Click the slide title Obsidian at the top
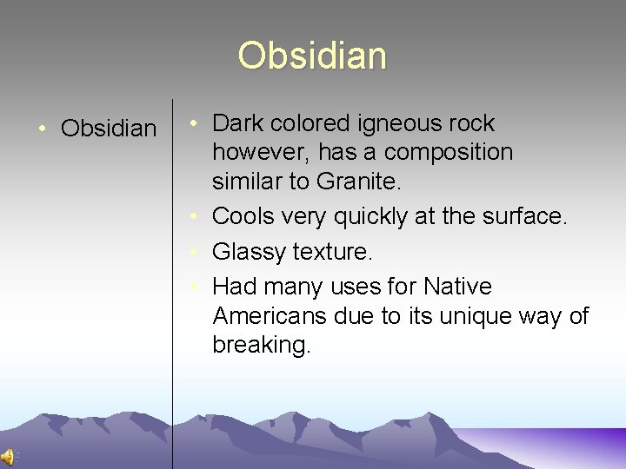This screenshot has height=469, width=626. point(312,56)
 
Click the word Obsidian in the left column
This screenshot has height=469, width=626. point(109,129)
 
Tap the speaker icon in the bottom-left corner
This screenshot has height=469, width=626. point(7,458)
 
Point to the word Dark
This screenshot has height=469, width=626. point(238,123)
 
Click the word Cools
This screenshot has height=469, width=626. point(243,215)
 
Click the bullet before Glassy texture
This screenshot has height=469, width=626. point(199,252)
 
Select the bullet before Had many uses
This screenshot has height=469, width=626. point(199,286)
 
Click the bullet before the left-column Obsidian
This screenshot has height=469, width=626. point(42,129)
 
